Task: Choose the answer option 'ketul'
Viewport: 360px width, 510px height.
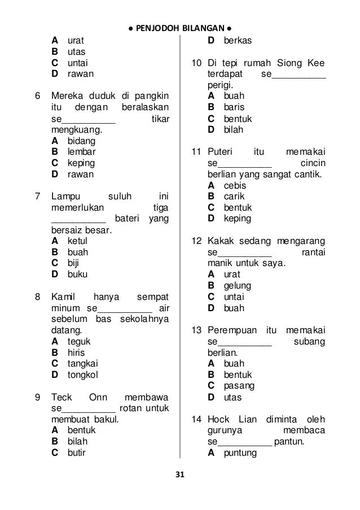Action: (x=78, y=241)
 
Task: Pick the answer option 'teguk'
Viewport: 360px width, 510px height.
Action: (x=79, y=341)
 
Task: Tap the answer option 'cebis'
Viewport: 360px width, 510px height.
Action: (x=235, y=185)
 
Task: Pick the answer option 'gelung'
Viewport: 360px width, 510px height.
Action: (x=238, y=286)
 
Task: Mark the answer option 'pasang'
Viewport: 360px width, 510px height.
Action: (x=239, y=386)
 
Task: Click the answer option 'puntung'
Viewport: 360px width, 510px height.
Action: (x=240, y=452)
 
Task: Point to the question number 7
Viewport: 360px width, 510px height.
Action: (x=37, y=197)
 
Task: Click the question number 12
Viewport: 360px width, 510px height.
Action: (x=196, y=241)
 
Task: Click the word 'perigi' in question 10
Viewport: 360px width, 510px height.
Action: (x=219, y=85)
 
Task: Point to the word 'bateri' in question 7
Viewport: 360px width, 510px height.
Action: (x=128, y=219)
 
